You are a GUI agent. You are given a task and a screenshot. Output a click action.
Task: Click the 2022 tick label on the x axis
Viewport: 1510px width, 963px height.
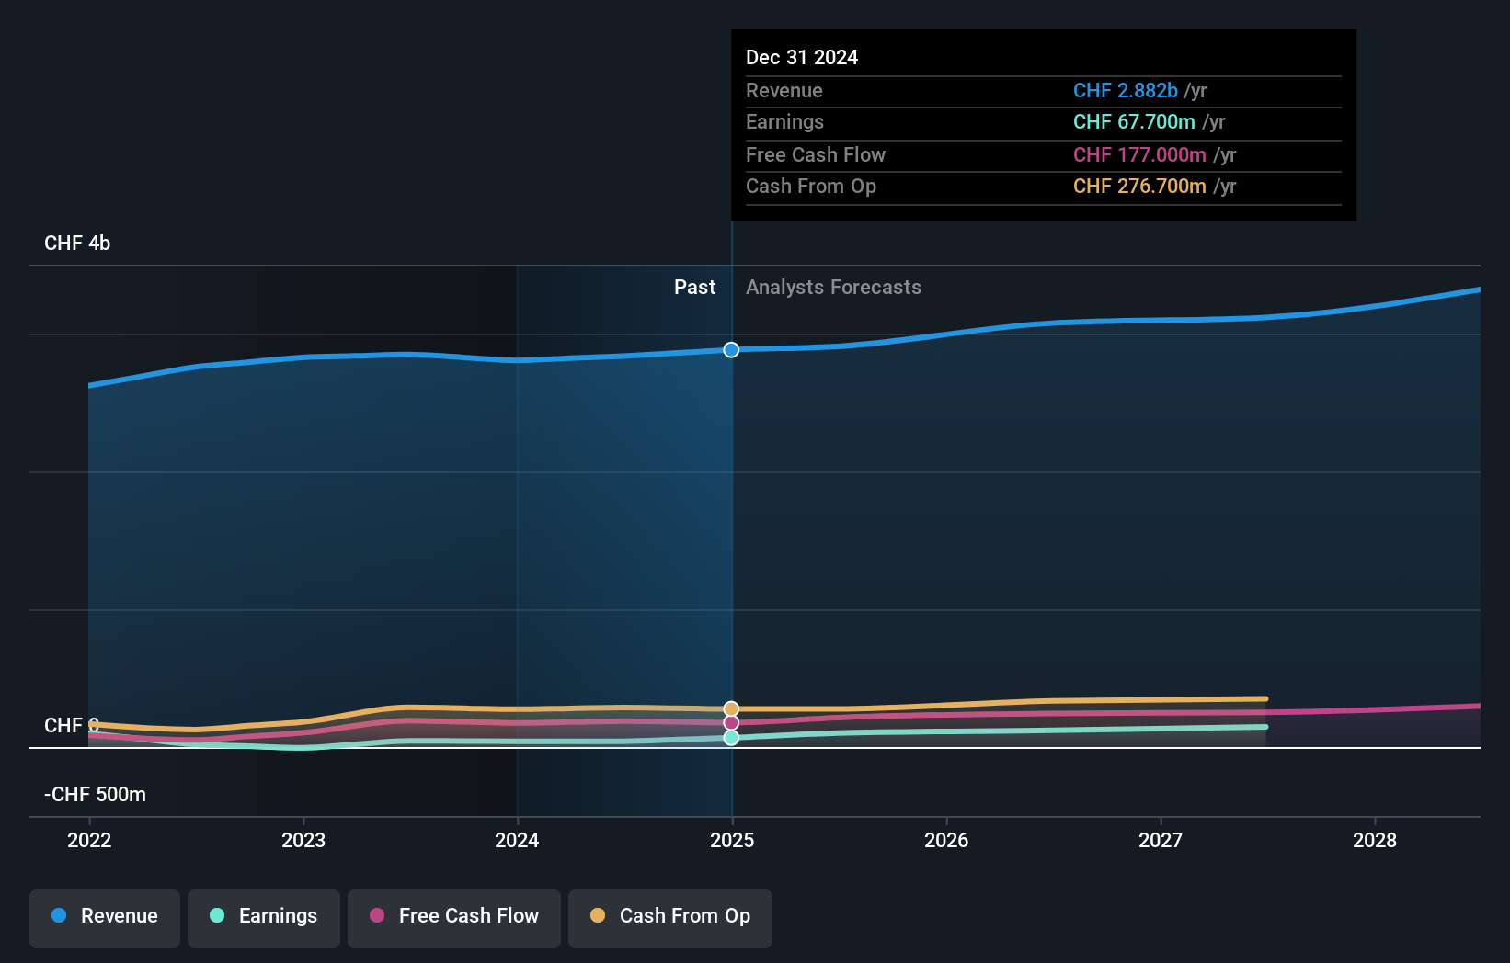coord(89,841)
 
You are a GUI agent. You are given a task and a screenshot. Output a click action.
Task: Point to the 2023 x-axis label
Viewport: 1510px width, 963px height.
coord(303,841)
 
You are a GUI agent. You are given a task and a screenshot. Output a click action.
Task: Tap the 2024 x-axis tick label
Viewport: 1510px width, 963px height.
coord(517,841)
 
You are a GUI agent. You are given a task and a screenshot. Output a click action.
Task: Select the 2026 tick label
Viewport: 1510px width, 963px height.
coord(946,841)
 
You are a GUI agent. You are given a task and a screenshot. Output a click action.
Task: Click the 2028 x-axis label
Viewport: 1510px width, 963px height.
coord(1375,841)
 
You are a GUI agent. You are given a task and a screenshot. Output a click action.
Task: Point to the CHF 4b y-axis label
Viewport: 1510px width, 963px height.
coord(77,244)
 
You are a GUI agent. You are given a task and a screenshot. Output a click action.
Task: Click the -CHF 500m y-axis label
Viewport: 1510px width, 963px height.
coord(96,795)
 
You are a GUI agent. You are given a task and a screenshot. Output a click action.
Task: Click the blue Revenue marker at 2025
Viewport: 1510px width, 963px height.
coord(731,350)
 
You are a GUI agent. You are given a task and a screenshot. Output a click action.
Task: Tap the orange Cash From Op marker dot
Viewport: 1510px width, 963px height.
coord(731,708)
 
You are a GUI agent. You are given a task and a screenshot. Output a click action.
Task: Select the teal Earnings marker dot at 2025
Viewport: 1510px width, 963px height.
coord(731,738)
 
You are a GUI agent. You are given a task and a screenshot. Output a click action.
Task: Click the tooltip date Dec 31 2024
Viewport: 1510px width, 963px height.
coord(802,58)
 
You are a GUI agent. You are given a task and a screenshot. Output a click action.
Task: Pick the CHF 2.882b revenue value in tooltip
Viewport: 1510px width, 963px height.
coord(1125,91)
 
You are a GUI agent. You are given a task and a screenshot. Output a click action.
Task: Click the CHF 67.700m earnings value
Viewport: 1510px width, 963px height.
coord(1134,122)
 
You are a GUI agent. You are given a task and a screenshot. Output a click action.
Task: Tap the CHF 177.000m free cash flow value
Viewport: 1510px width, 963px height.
coord(1139,155)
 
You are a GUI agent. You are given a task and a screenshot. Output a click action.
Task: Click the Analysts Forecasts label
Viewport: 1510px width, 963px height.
coord(833,288)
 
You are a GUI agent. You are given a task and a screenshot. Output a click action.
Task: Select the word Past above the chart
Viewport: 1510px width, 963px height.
coord(694,288)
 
